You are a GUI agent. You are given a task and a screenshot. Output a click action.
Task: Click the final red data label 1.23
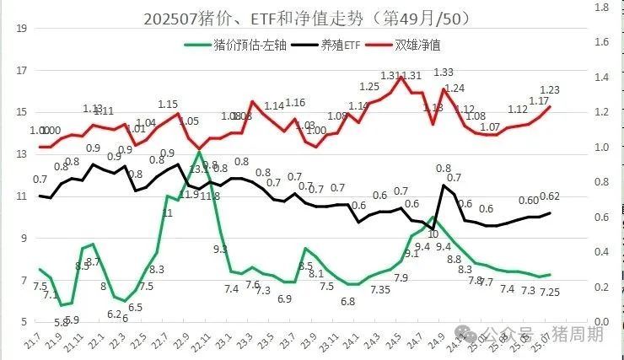point(550,90)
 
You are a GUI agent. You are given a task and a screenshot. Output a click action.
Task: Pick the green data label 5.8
point(60,321)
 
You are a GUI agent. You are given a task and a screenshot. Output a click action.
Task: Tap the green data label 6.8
point(347,301)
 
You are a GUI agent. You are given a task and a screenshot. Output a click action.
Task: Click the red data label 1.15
point(168,105)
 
